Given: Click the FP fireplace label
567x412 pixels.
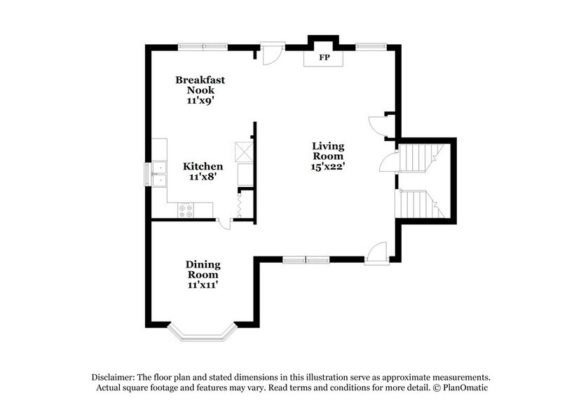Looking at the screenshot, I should [x=324, y=57].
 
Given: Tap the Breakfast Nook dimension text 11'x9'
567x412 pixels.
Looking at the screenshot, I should [x=200, y=100].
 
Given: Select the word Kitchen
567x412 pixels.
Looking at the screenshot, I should [x=203, y=166].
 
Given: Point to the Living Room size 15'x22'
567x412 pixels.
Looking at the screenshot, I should [x=328, y=167].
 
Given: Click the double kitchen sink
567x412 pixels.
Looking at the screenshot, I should [x=159, y=172].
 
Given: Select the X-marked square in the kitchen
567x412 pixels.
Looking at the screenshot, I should [x=242, y=151].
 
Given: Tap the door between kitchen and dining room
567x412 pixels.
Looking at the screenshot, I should [x=224, y=224].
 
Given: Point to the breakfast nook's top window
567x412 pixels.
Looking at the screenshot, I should [x=203, y=47].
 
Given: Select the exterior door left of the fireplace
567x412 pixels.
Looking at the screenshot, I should [x=271, y=53].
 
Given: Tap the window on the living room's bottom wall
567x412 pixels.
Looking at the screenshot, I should [x=306, y=259].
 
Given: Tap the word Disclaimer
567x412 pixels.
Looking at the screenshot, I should [x=116, y=376].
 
